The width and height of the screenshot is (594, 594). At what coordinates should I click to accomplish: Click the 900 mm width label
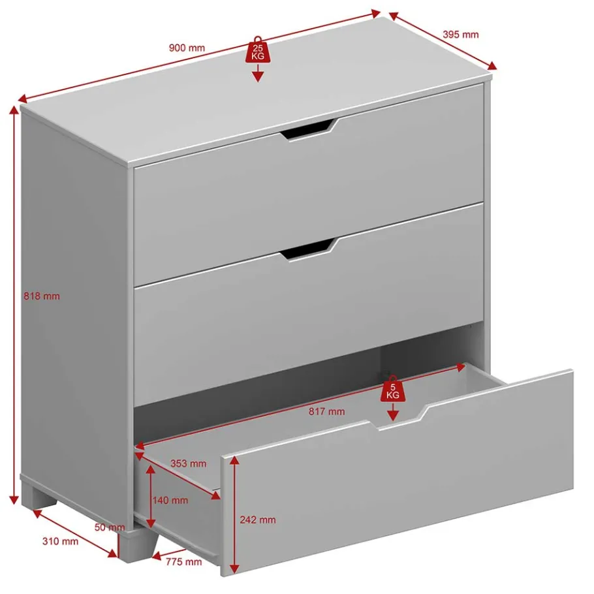[187, 48]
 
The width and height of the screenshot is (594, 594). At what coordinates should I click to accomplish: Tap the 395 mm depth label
[461, 35]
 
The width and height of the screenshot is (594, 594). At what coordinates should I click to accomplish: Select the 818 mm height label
[42, 296]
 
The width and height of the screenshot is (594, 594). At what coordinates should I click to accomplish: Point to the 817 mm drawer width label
[326, 411]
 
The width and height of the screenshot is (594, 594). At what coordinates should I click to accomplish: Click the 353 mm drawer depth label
[188, 463]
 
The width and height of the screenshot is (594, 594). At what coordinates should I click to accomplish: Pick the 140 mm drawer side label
[170, 501]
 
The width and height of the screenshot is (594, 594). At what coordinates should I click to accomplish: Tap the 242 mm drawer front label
[258, 520]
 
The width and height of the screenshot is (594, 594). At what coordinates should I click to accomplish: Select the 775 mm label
[183, 562]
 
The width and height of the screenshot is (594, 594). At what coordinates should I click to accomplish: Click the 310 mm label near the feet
[60, 541]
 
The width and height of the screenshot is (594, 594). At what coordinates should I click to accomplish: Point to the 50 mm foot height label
[110, 527]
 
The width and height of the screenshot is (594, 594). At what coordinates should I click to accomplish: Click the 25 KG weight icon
[258, 50]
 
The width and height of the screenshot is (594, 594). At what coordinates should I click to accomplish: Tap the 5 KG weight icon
[393, 388]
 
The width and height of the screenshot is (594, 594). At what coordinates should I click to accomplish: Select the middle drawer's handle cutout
[309, 250]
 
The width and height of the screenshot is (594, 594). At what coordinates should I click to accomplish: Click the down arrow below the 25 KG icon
[258, 73]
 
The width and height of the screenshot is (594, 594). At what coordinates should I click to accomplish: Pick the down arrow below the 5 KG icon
[393, 412]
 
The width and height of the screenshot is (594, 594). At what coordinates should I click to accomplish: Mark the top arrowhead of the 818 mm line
[14, 110]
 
